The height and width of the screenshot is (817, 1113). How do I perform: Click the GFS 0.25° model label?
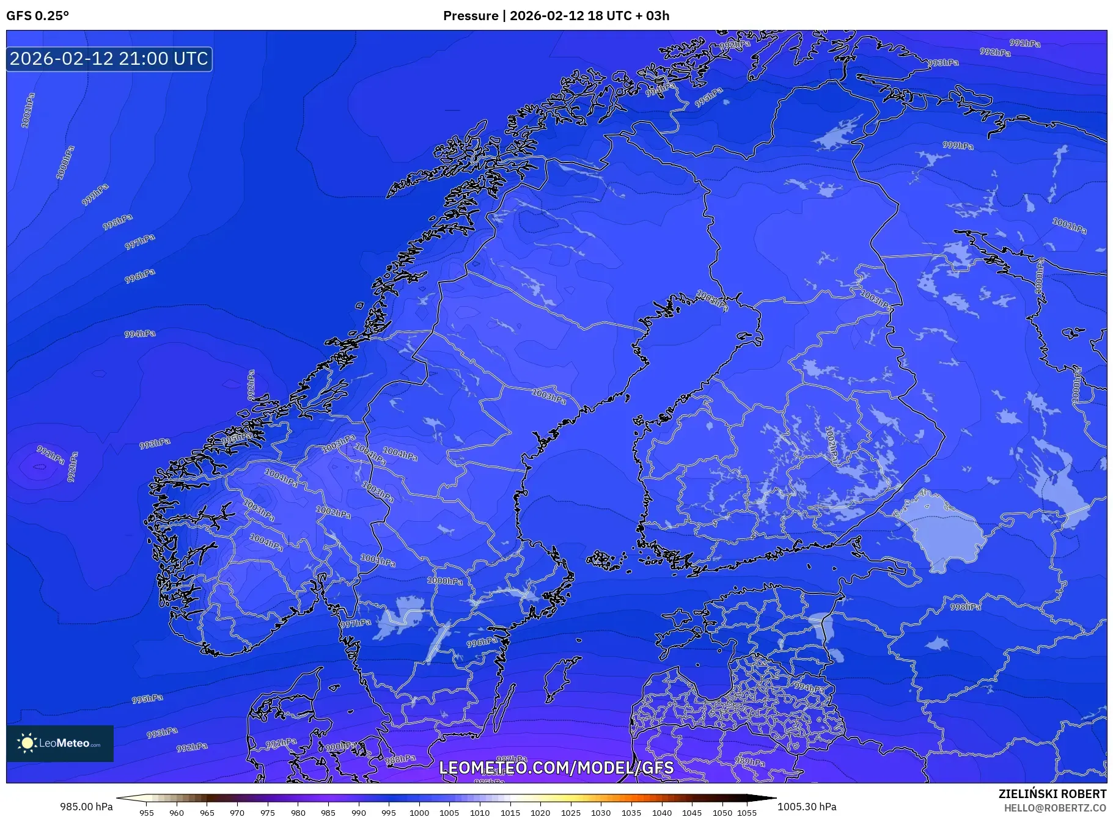(37, 16)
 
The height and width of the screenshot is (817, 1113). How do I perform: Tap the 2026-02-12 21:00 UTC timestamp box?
(109, 59)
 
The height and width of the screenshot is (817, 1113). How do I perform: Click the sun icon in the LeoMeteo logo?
(27, 743)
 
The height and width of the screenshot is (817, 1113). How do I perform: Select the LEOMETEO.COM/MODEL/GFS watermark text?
(556, 768)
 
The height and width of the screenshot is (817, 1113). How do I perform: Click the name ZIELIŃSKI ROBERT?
(1052, 794)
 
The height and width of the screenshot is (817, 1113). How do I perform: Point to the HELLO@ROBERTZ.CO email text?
(1055, 808)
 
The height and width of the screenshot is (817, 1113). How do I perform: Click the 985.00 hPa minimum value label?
(86, 807)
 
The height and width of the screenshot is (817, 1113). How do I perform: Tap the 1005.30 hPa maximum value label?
(806, 807)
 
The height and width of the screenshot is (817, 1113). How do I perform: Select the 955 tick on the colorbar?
(146, 813)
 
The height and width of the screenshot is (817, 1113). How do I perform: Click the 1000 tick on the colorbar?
(419, 813)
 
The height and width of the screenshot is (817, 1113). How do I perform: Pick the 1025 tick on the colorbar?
(570, 813)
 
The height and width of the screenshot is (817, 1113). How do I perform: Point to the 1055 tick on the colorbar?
(746, 813)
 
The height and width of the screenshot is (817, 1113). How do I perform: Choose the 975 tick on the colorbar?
(267, 813)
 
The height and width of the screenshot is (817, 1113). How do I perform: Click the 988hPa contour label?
(400, 760)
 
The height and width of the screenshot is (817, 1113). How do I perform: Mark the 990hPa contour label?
(340, 747)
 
